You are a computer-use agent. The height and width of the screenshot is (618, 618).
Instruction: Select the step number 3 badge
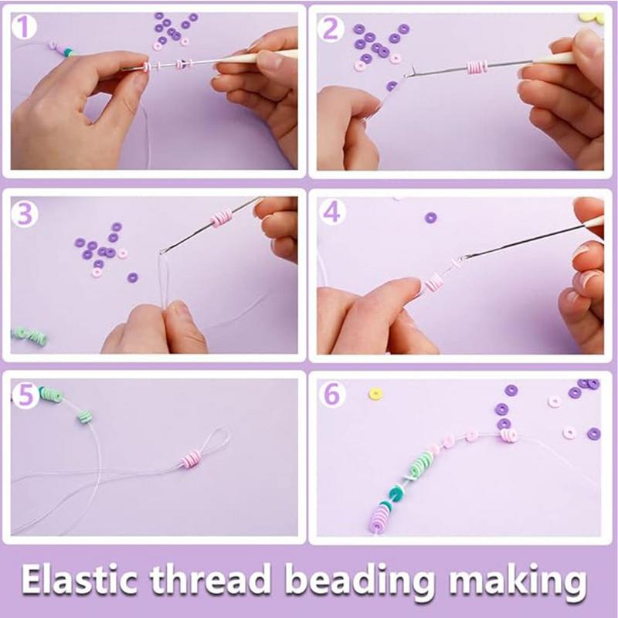26,213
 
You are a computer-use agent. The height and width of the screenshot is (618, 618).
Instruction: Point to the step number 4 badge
332,212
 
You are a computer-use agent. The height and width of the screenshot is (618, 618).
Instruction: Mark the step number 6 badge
332,394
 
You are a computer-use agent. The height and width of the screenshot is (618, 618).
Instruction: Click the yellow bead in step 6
376,394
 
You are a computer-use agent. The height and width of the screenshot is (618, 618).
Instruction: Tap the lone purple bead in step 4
430,217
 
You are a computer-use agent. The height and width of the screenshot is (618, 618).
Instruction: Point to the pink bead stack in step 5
190,461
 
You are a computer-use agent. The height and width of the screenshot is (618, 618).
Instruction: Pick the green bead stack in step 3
31,334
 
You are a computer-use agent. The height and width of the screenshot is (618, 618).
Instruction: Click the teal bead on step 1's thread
69,52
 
